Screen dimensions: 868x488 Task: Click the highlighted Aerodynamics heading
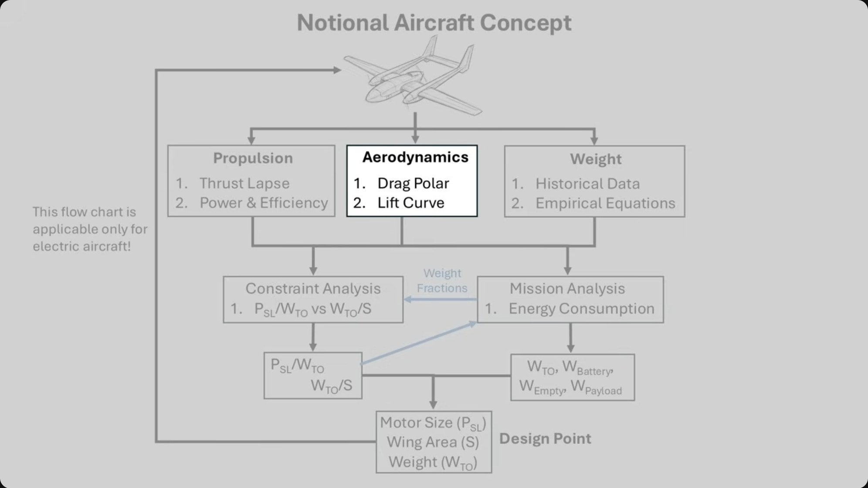point(415,157)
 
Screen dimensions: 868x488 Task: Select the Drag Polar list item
point(413,183)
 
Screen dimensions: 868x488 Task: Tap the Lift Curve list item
point(411,203)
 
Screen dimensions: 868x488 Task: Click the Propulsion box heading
point(253,159)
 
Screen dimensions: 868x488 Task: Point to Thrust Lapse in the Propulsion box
point(244,183)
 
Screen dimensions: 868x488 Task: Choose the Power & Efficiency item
point(264,203)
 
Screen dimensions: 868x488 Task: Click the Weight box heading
point(596,159)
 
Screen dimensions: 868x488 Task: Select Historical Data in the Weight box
point(587,184)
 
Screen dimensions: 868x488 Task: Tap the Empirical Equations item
point(605,203)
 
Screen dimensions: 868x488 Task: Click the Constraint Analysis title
point(313,289)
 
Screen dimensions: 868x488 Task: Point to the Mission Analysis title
point(567,289)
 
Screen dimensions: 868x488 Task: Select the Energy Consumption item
point(581,309)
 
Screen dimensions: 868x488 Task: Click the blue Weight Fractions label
point(442,281)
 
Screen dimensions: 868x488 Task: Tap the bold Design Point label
point(545,439)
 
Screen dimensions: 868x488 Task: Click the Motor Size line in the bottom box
point(433,423)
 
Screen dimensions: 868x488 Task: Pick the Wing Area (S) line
point(433,442)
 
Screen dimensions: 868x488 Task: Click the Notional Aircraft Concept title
point(434,23)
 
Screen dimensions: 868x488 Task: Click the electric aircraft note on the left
point(90,229)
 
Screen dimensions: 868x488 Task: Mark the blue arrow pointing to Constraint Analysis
point(440,299)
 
